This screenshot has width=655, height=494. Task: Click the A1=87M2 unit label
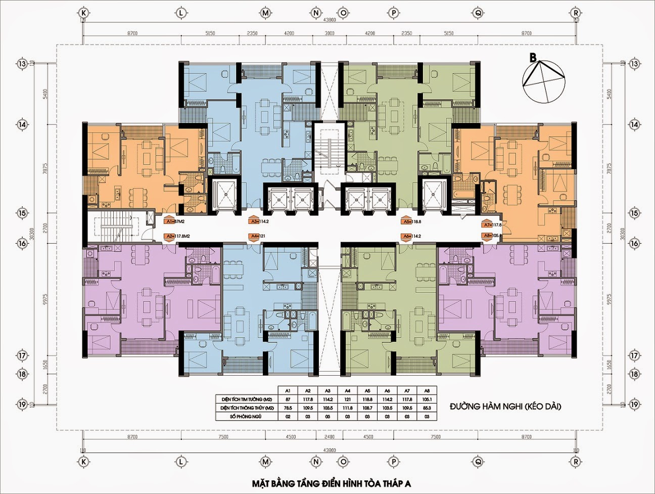tap(175, 221)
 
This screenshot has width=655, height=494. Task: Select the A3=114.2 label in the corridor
tap(259, 221)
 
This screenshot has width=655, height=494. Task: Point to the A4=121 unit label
tap(258, 236)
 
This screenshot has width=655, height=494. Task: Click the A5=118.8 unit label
tap(411, 221)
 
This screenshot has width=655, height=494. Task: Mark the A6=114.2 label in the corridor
tap(412, 236)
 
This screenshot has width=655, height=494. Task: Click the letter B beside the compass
tap(533, 58)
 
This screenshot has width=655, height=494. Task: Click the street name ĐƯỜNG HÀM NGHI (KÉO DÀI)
tap(505, 406)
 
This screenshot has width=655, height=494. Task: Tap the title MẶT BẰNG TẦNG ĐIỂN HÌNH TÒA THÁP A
tap(332, 484)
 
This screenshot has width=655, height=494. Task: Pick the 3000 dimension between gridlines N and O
tap(330, 33)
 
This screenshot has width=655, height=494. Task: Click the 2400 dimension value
tap(330, 437)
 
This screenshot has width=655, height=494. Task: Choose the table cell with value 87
tap(288, 399)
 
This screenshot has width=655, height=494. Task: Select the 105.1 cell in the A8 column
tap(427, 399)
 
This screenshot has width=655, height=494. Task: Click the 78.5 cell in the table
tap(288, 408)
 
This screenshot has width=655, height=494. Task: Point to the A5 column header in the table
tap(367, 391)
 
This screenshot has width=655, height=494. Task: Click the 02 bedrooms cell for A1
tap(288, 417)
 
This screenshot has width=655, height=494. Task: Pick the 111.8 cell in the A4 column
tap(347, 408)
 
